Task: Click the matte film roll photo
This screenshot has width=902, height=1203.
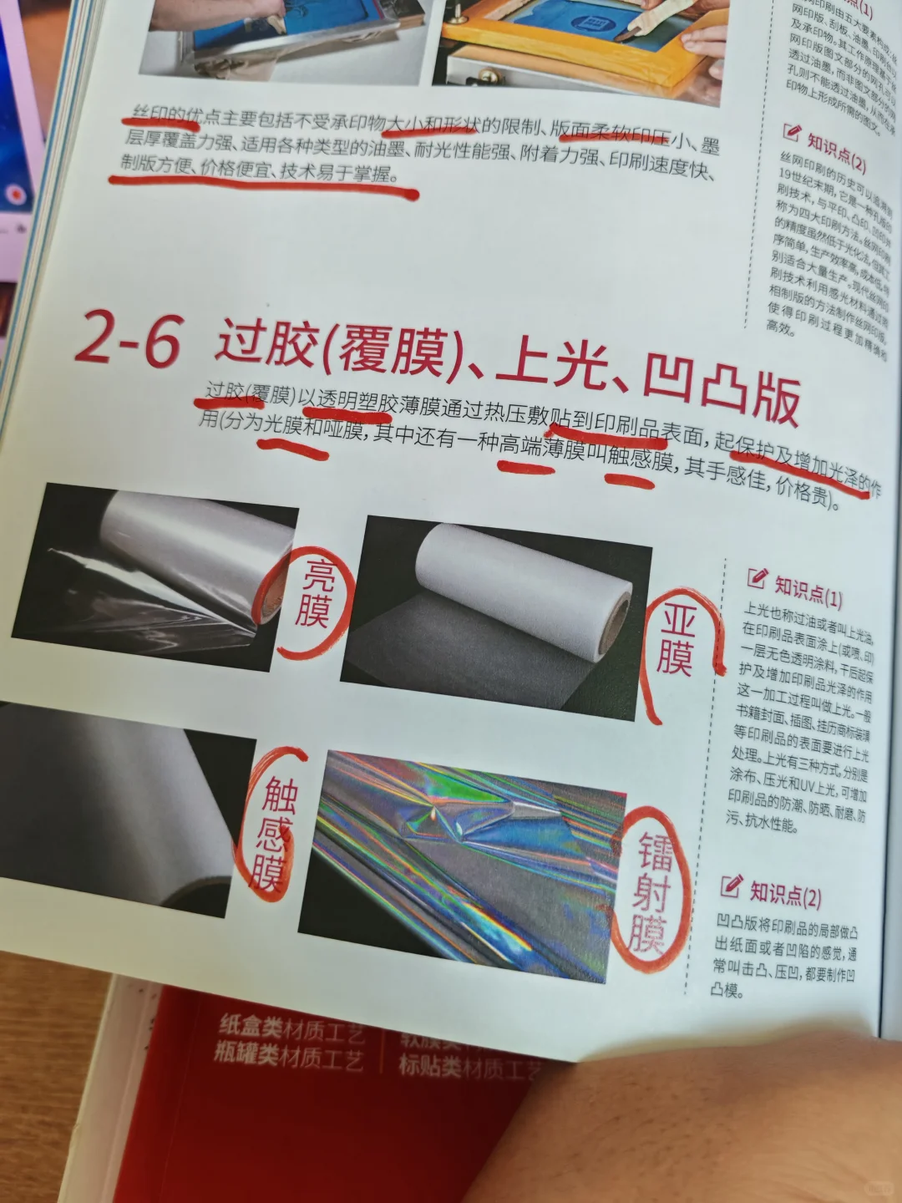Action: coord(497,614)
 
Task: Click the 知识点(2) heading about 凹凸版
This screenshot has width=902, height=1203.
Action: coord(783,894)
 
